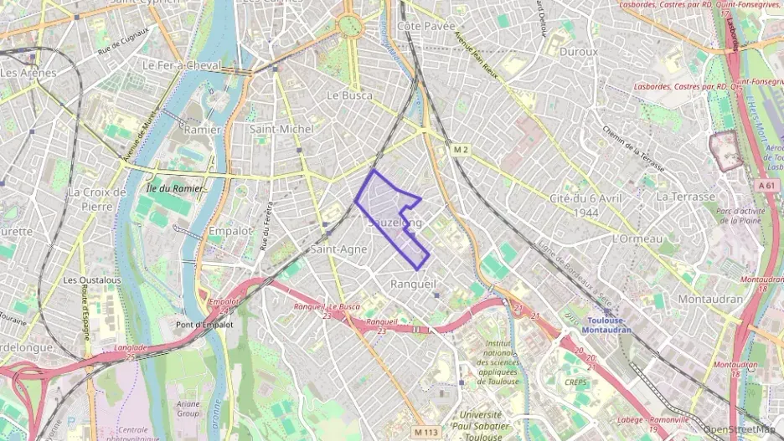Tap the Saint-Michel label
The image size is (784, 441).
(x=282, y=129)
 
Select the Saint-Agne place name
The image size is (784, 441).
(x=338, y=249)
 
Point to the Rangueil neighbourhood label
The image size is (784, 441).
(x=414, y=285)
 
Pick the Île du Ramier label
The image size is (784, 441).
(x=174, y=188)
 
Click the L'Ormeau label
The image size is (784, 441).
(x=637, y=238)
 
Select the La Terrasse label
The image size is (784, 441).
(x=686, y=196)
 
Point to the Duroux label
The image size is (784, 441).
(x=579, y=51)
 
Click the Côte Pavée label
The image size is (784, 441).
(x=420, y=26)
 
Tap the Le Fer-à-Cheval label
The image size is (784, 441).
(x=182, y=64)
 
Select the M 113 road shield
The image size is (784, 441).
(x=426, y=432)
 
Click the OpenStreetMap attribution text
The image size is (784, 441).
(x=742, y=429)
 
